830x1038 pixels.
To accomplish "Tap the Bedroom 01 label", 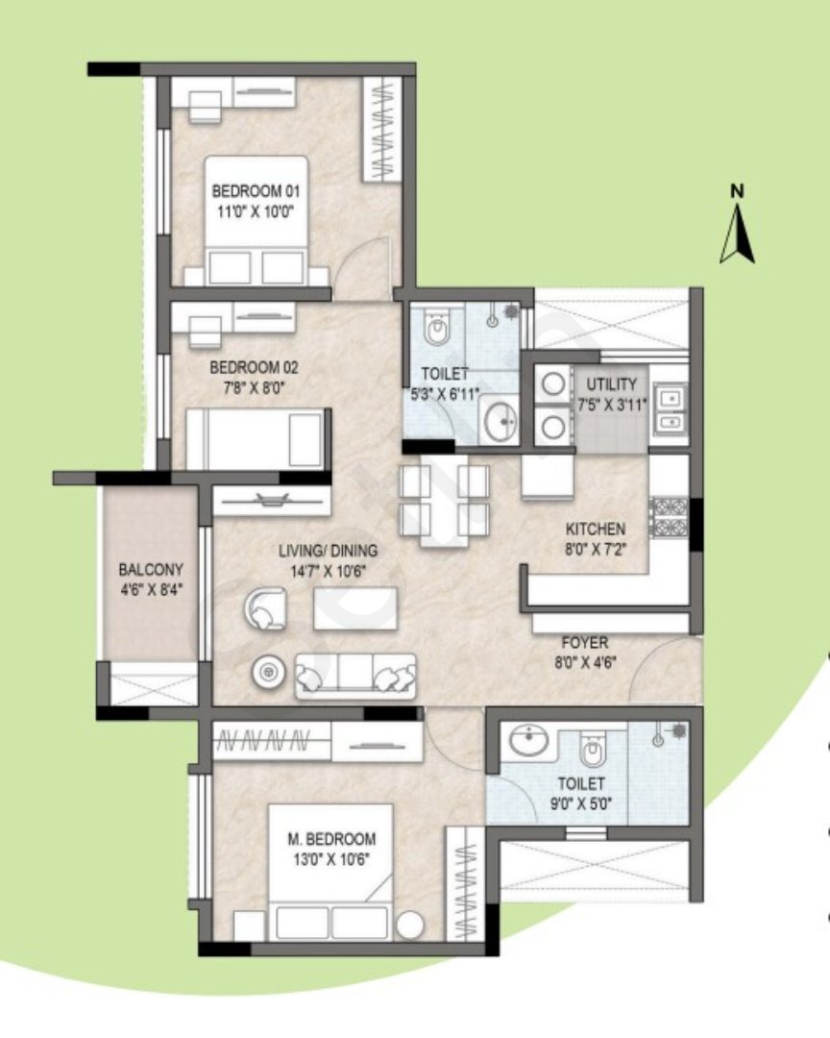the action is click(256, 191).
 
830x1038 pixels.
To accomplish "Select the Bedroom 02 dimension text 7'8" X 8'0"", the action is click(255, 387).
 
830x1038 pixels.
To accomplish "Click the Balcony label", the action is click(151, 569).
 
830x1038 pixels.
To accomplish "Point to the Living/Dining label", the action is click(328, 550).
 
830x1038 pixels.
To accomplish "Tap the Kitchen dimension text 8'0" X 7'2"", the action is click(596, 549).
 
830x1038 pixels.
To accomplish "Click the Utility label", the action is click(612, 383).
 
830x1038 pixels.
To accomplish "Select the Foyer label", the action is click(585, 642).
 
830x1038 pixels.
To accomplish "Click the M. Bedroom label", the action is click(331, 839).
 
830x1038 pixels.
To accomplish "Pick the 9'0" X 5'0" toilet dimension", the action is click(581, 803).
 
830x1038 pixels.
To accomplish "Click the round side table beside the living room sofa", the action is click(269, 673).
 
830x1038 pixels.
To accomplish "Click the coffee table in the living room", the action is click(356, 608).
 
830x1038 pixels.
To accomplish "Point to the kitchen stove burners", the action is click(671, 518).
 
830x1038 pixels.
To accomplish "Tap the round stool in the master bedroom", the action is click(410, 925).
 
